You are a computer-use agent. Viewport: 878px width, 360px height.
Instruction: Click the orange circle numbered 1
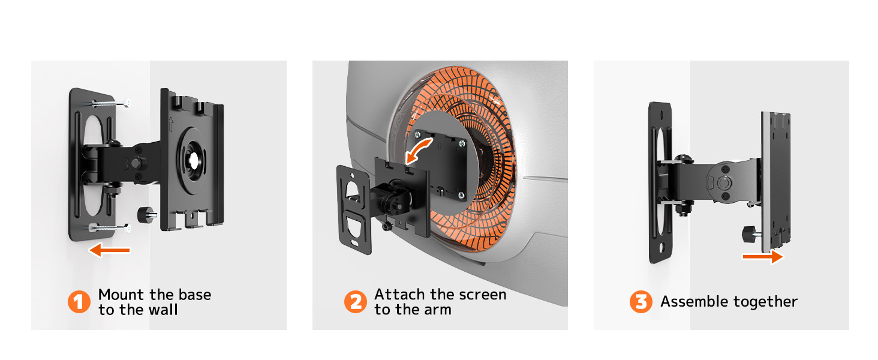tap(79, 302)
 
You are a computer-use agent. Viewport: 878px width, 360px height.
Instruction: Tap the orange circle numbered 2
tap(356, 302)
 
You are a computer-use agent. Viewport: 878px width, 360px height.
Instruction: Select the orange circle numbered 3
tap(641, 302)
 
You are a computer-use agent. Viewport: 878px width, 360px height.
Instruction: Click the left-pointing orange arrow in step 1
tap(109, 250)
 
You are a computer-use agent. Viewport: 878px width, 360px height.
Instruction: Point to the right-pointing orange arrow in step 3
tap(763, 257)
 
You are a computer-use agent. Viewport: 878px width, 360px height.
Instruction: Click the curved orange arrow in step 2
tap(419, 151)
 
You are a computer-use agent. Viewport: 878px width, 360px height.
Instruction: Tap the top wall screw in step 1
tap(111, 103)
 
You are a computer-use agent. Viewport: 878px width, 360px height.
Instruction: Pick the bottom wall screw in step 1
tap(109, 227)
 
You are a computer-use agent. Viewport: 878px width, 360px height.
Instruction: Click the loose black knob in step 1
tap(147, 215)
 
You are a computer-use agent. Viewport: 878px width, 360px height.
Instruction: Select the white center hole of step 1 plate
tap(194, 160)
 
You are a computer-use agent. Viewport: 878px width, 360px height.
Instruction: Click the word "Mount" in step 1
tap(121, 295)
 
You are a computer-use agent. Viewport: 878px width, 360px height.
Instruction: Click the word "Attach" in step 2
tap(399, 294)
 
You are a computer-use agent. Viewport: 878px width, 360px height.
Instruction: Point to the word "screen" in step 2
tap(483, 295)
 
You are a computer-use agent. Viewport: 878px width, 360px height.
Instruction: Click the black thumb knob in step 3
tap(750, 234)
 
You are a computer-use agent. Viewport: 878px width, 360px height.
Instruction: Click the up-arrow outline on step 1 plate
tap(171, 124)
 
